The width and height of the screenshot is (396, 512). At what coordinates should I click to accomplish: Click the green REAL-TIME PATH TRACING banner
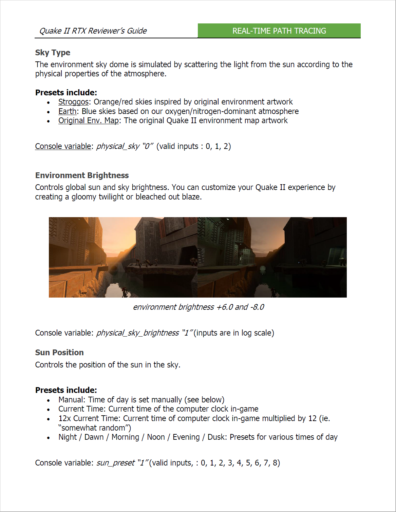click(x=279, y=31)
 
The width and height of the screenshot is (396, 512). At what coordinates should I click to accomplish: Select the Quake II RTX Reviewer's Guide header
click(x=93, y=31)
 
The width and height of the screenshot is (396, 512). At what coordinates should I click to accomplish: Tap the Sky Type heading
click(x=53, y=53)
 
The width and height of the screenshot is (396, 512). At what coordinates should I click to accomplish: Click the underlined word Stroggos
click(x=73, y=102)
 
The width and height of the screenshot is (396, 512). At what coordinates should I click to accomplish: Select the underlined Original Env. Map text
click(x=89, y=120)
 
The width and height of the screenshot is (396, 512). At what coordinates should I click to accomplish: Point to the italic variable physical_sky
click(x=118, y=146)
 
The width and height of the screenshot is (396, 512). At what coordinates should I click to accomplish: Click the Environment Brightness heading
click(x=82, y=175)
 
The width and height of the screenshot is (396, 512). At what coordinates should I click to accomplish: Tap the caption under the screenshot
click(x=198, y=307)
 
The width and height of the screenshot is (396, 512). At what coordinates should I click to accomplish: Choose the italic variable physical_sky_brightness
click(x=137, y=333)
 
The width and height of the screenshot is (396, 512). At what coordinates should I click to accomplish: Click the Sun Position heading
click(x=59, y=353)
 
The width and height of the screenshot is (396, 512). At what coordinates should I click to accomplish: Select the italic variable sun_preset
click(x=115, y=463)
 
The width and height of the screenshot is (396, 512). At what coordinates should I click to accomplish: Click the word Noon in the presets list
click(x=156, y=437)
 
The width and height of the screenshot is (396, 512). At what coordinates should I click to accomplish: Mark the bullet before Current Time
click(x=49, y=410)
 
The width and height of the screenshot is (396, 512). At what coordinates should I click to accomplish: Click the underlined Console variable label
click(x=63, y=146)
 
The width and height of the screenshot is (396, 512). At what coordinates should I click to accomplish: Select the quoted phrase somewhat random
click(x=93, y=428)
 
